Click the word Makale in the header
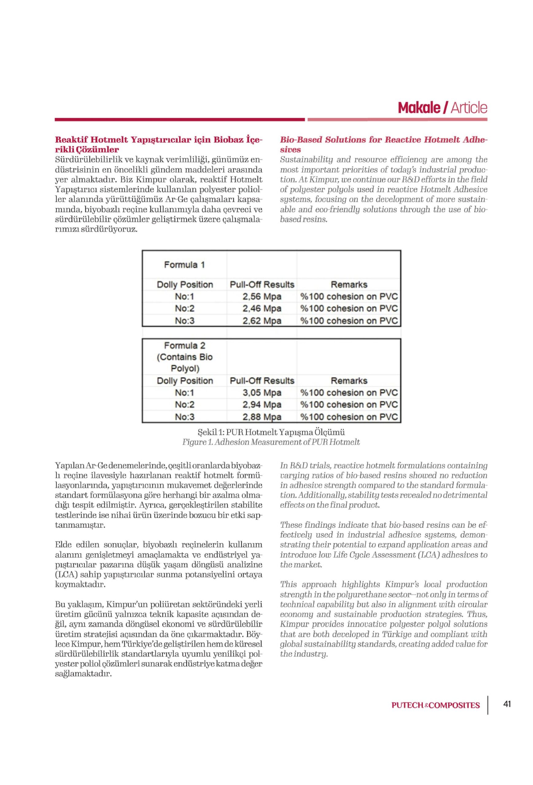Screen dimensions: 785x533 click(419, 108)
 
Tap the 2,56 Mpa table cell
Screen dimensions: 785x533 click(262, 297)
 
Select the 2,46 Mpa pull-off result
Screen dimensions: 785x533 click(262, 308)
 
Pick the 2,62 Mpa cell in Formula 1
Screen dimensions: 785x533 click(262, 320)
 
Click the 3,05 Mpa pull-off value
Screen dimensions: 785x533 click(262, 392)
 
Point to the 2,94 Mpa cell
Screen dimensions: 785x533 click(262, 404)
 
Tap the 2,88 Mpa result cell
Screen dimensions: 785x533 click(262, 416)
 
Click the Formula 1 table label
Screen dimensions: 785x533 click(184, 265)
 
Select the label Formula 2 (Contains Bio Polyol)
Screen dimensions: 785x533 click(184, 357)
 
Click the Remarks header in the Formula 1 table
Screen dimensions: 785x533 click(349, 285)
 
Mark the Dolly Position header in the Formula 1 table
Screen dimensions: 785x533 click(184, 285)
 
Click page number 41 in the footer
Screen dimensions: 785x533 click(507, 704)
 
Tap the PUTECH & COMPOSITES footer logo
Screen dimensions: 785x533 click(435, 705)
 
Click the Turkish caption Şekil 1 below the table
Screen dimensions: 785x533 click(271, 432)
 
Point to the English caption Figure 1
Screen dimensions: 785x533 click(271, 442)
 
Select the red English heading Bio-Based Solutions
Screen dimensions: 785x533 click(383, 144)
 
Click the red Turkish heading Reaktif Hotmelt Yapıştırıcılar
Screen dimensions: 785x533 click(159, 144)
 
